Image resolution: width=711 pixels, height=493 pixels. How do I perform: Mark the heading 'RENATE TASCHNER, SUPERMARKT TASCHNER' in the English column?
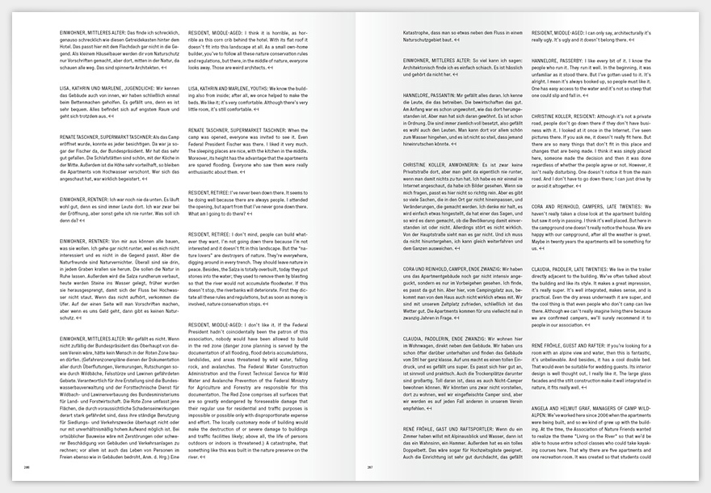(237, 130)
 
